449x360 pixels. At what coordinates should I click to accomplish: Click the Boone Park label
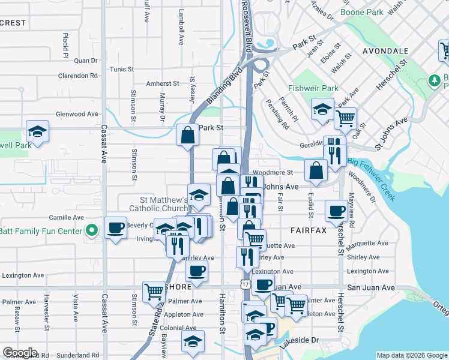[361, 12]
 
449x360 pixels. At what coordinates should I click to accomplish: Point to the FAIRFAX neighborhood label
[308, 230]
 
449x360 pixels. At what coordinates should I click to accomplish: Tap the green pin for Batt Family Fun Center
[91, 230]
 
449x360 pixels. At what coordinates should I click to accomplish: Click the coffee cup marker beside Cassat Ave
[115, 228]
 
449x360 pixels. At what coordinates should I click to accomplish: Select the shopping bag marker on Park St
[188, 136]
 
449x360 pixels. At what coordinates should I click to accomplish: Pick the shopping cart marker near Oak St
[345, 119]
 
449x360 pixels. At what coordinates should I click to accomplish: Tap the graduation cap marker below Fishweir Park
[322, 110]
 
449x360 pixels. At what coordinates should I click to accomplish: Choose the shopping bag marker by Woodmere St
[316, 170]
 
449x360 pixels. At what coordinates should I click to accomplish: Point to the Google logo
[20, 353]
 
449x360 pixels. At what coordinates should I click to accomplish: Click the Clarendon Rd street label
[77, 76]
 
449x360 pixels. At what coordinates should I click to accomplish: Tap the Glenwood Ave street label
[76, 114]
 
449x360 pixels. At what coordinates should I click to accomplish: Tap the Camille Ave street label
[65, 217]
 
